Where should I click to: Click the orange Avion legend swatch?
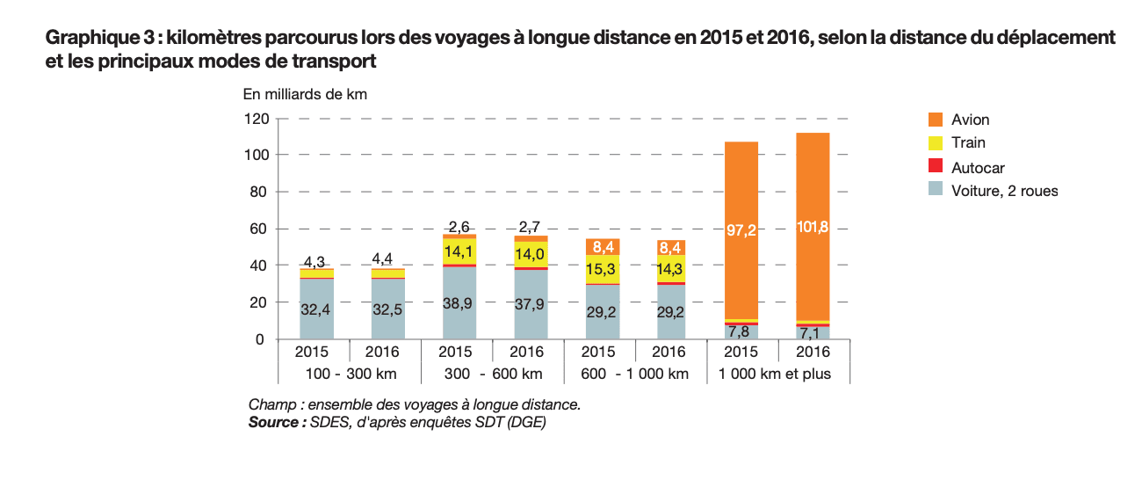[935, 120]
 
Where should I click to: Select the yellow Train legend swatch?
[935, 142]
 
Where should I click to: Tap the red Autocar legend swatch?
[935, 167]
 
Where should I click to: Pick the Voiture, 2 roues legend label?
[1004, 191]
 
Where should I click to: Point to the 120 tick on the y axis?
[256, 118]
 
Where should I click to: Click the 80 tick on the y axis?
[259, 192]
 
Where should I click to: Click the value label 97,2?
[741, 230]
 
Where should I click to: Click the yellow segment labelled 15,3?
[602, 269]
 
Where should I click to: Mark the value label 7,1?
[813, 332]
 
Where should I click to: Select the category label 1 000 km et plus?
[776, 374]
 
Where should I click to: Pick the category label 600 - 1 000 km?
[634, 374]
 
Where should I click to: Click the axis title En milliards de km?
[305, 94]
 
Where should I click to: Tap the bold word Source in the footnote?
[272, 422]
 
